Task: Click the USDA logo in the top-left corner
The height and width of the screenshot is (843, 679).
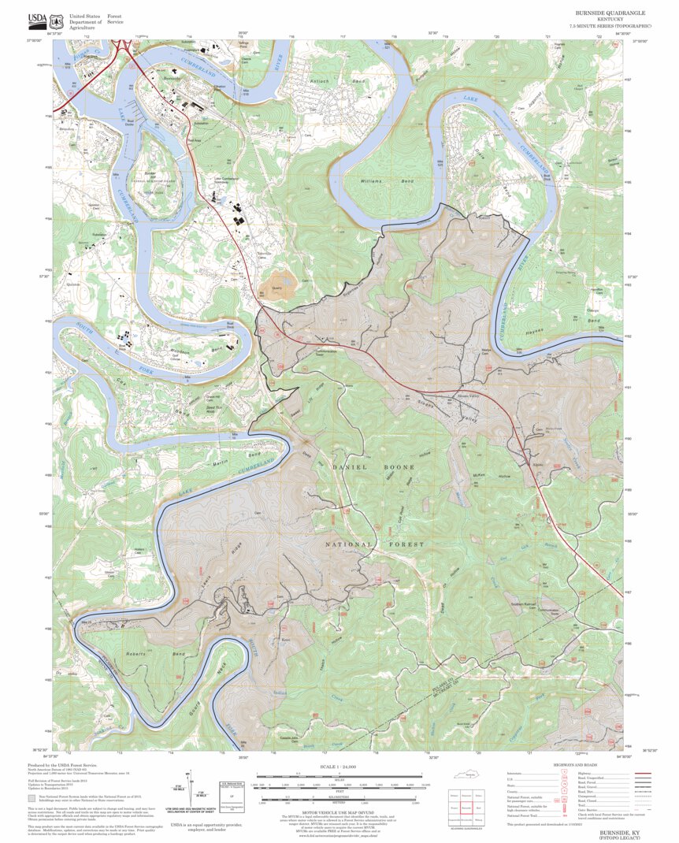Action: (37, 20)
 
